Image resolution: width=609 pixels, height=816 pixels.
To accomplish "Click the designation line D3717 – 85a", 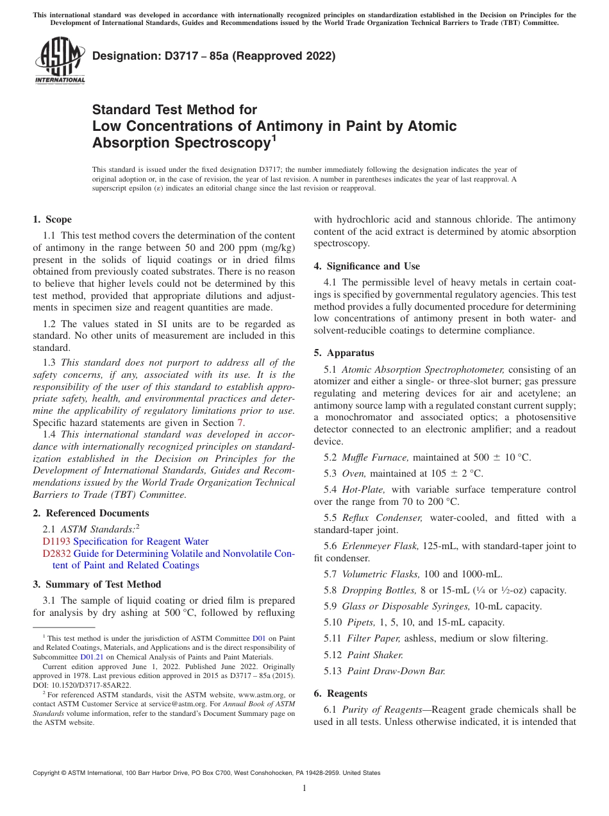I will pyautogui.click(x=214, y=56).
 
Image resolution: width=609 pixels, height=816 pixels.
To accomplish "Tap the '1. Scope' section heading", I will pyautogui.click(x=53, y=219).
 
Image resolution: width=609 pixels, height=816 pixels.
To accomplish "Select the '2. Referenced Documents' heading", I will pyautogui.click(x=91, y=513).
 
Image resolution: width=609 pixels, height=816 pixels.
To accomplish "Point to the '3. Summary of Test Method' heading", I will pyautogui.click(x=97, y=584).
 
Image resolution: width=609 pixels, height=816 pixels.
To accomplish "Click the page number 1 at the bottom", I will pyautogui.click(x=304, y=788).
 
